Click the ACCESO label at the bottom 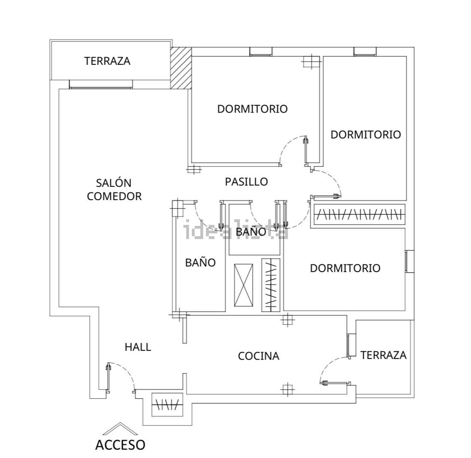120,445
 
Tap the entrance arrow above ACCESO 120,429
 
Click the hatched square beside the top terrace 181,68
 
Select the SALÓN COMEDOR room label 114,189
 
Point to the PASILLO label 246,182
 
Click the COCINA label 258,356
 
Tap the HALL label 138,347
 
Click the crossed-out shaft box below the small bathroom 243,284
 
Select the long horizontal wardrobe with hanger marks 358,215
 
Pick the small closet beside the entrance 167,404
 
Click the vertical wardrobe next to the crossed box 271,285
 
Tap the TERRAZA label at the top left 107,61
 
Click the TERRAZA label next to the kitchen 383,355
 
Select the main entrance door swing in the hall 121,376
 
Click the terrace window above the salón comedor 101,85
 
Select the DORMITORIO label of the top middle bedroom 252,109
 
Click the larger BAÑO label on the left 200,262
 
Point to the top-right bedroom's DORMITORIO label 366,135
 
